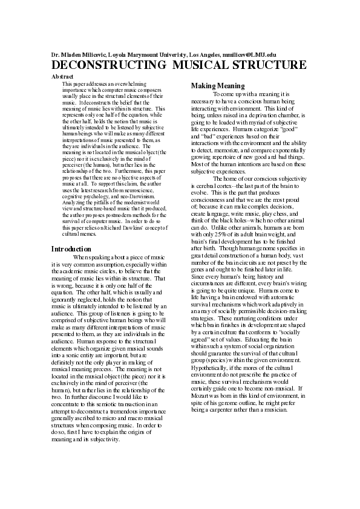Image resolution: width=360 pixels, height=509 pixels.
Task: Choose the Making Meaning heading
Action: (x=218, y=86)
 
